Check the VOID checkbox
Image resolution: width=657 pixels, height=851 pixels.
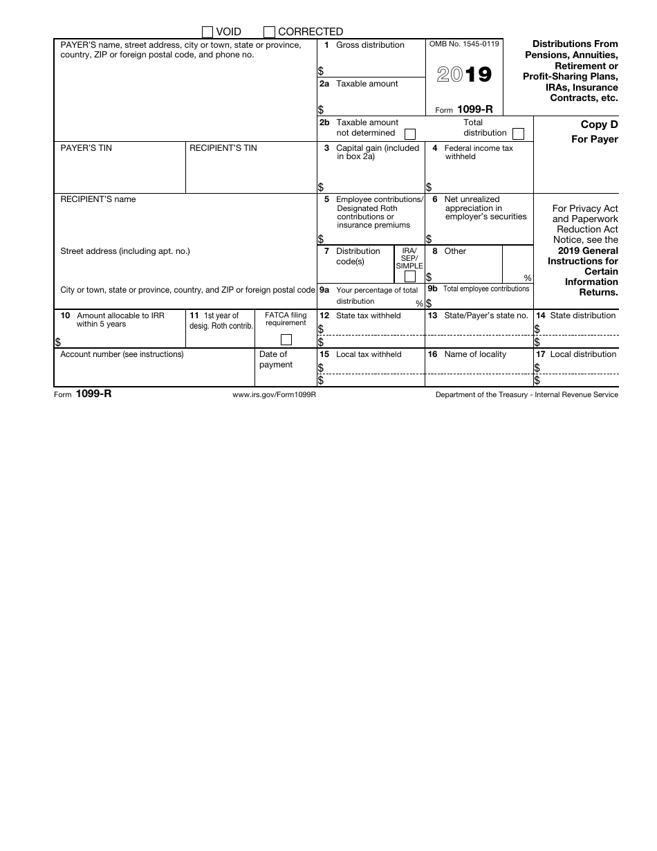click(207, 32)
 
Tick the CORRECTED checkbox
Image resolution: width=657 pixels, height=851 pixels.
click(269, 32)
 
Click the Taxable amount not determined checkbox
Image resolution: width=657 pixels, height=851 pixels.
click(409, 134)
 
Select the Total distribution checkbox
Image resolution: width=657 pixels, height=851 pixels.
click(518, 134)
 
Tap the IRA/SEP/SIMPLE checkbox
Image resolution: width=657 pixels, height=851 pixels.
click(409, 277)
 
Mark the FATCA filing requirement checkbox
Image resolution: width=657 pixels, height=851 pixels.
click(286, 340)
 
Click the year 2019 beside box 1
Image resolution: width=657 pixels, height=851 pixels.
click(464, 74)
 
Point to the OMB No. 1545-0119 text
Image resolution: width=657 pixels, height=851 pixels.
click(464, 44)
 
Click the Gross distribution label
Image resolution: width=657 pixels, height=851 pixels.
click(370, 45)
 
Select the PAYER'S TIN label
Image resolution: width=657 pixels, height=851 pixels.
click(86, 148)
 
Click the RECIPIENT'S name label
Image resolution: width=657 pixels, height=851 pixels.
click(98, 199)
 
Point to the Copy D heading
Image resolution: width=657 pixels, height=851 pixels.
click(599, 125)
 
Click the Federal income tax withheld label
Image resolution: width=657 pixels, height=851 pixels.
click(479, 152)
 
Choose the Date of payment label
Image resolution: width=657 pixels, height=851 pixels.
click(275, 359)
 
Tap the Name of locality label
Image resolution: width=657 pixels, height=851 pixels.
click(475, 354)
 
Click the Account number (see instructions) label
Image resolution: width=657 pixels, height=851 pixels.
click(122, 354)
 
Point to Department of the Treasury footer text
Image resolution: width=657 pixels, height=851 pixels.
click(526, 394)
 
